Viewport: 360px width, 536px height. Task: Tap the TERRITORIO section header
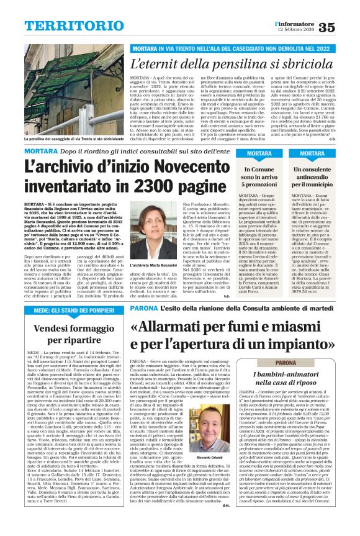tap(66, 26)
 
